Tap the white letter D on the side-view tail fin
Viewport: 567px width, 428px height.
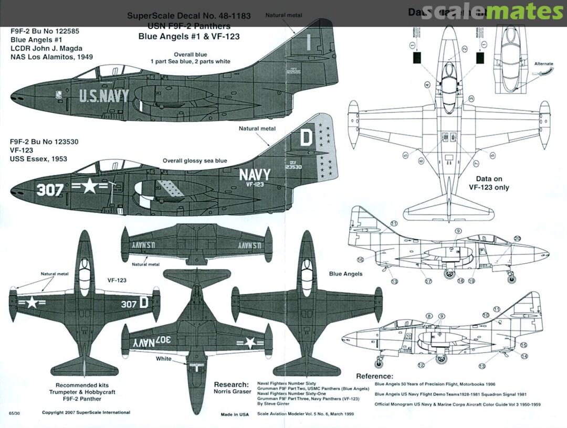(307, 138)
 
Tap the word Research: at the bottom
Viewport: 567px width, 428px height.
(231, 384)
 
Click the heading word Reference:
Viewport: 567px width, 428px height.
(374, 376)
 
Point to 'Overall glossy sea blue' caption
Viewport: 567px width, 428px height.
(195, 160)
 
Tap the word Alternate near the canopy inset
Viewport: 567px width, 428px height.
(543, 64)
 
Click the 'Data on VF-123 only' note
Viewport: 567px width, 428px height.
(491, 183)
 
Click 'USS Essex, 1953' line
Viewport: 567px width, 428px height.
(39, 158)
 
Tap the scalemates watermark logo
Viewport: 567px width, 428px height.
(491, 12)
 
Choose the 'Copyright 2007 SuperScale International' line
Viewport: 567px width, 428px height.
(86, 413)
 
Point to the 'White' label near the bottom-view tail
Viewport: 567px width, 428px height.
(163, 359)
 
